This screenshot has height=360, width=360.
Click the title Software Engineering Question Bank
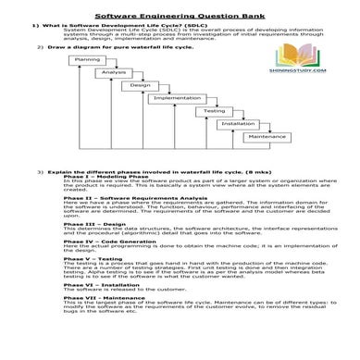[180, 17]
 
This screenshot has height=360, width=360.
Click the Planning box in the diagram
[86, 60]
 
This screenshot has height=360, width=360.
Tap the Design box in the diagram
[140, 85]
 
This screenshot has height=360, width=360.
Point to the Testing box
[214, 111]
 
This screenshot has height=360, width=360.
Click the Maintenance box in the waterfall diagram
[267, 136]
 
